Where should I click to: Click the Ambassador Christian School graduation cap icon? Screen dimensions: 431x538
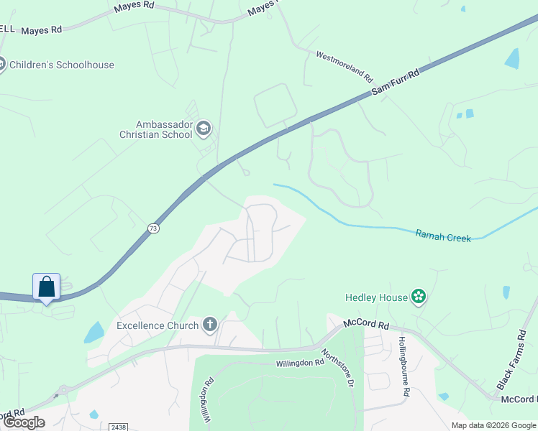[x=203, y=128]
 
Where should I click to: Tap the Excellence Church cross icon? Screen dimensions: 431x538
[x=210, y=325]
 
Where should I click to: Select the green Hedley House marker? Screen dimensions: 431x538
[x=419, y=297]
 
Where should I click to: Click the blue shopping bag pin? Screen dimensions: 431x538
[x=47, y=287]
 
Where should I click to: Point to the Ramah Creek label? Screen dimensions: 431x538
[x=443, y=235]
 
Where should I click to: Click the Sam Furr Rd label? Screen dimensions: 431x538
[x=395, y=84]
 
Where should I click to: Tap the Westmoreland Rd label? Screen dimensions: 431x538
[x=345, y=65]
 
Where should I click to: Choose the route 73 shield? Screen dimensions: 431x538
[x=152, y=228]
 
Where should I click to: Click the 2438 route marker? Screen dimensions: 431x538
[x=119, y=427]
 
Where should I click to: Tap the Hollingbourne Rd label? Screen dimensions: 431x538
[x=404, y=366]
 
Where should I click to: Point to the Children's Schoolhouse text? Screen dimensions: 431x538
[x=62, y=65]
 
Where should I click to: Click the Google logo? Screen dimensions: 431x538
[x=24, y=422]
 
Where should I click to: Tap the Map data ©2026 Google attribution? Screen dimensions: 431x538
[x=493, y=425]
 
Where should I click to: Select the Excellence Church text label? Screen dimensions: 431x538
[x=158, y=326]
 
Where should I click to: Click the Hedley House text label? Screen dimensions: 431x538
[x=376, y=297]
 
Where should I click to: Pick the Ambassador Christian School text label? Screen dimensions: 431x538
[x=156, y=129]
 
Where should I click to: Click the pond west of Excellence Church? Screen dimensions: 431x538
[x=94, y=333]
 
